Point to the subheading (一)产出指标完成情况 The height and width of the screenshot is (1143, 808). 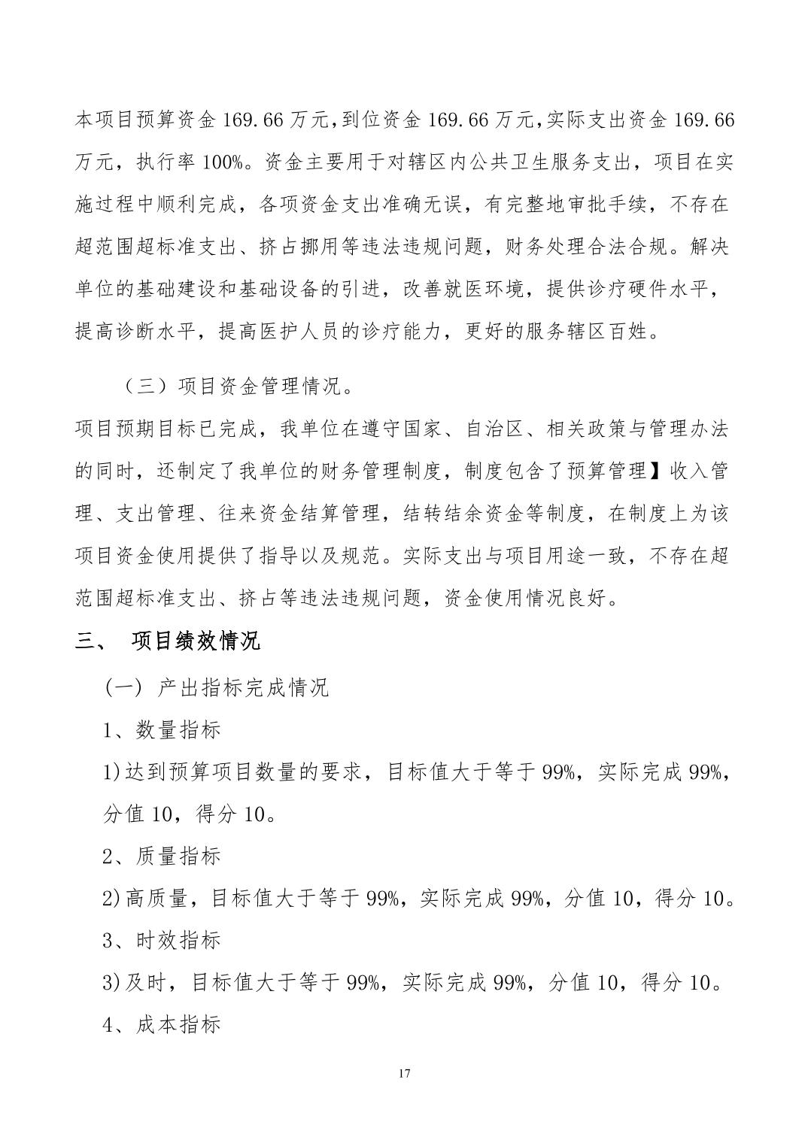tap(217, 687)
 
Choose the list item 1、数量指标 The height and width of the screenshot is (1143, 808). tap(162, 729)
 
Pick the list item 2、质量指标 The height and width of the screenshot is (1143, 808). tap(162, 856)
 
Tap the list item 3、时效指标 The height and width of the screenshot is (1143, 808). tap(162, 940)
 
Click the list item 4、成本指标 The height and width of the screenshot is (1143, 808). tap(162, 1024)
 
